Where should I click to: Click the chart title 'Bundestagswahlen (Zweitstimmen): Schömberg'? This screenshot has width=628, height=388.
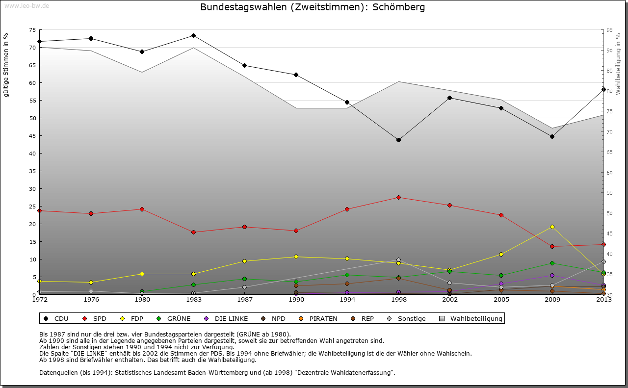tap(313, 7)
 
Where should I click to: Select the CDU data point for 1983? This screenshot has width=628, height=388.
tap(193, 36)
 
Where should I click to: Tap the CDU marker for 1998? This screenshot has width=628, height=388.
tap(398, 140)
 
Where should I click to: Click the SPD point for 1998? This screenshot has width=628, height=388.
tap(398, 198)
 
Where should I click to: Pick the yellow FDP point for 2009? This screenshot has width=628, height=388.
tap(552, 227)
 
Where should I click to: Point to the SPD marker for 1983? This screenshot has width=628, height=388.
tap(193, 233)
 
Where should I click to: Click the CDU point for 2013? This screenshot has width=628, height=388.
tap(603, 89)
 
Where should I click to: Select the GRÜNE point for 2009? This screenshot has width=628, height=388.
tap(552, 263)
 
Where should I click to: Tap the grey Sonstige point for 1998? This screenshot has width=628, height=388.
tap(398, 260)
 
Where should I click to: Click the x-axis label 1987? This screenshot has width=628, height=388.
tap(245, 299)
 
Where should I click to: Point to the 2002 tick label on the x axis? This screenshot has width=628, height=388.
tap(449, 299)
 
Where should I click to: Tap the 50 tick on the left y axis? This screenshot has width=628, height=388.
tap(33, 118)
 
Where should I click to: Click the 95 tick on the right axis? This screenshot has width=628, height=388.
tap(610, 30)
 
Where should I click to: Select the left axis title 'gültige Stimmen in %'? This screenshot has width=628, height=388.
tap(6, 65)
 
